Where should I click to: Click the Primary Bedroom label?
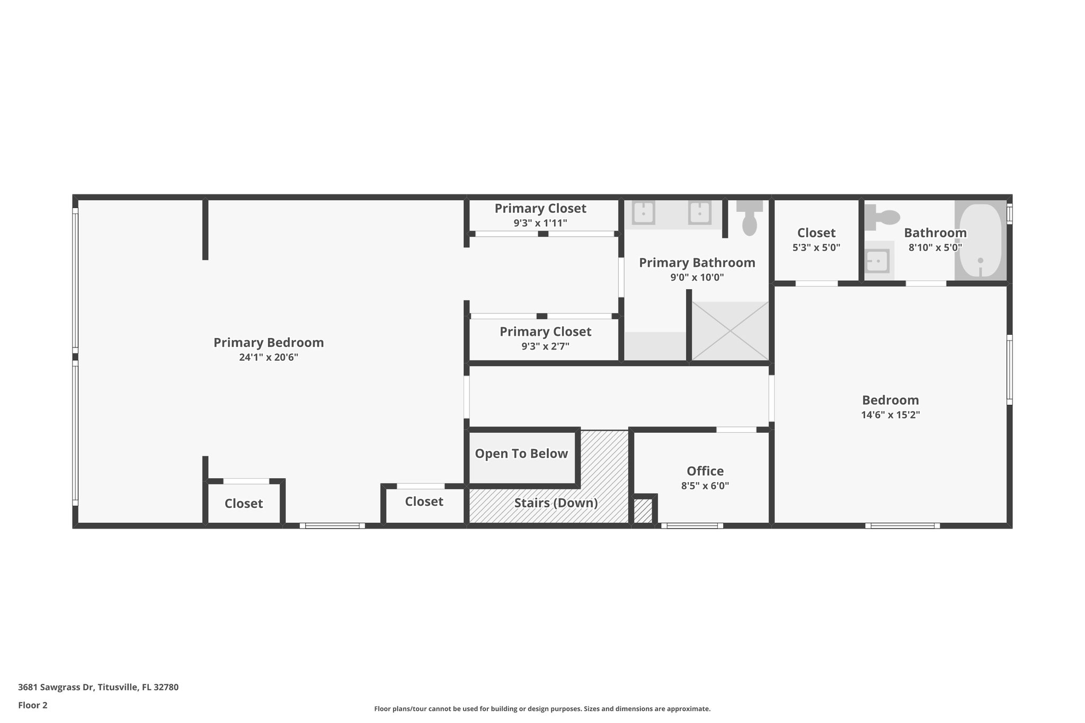[269, 343]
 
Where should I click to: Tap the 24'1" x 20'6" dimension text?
[269, 358]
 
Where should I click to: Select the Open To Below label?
[521, 454]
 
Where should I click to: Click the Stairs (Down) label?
[556, 503]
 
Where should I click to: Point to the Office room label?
[705, 471]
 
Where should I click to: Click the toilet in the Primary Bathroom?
[749, 218]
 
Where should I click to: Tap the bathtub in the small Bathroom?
[981, 242]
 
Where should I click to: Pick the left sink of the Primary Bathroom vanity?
[643, 213]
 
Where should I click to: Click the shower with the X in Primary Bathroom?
[730, 331]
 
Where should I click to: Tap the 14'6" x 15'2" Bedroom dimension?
[890, 415]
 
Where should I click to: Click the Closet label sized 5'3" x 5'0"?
[816, 233]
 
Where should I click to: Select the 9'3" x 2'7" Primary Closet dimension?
[545, 346]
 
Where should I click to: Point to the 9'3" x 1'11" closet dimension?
[540, 223]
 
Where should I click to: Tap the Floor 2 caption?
[33, 705]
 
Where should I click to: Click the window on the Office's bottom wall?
[691, 526]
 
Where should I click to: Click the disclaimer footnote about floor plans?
[542, 709]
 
